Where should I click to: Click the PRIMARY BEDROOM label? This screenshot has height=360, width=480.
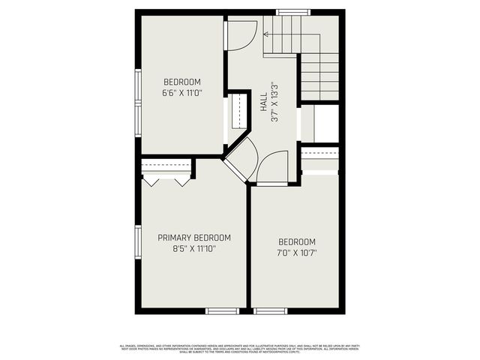194,238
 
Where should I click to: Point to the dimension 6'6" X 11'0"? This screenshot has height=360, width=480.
182,93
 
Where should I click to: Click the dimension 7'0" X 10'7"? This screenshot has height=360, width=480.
297,253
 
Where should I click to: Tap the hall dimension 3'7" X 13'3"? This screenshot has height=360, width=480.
275,101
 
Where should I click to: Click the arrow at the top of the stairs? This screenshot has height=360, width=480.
267,34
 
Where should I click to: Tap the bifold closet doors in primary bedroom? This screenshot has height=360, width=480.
166,181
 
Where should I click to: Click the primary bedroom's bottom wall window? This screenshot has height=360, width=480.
222,310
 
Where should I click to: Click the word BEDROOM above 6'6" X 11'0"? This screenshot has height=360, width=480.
182,82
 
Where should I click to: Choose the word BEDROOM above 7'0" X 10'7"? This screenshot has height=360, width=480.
297,241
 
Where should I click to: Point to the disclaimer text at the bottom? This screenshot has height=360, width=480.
240,347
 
